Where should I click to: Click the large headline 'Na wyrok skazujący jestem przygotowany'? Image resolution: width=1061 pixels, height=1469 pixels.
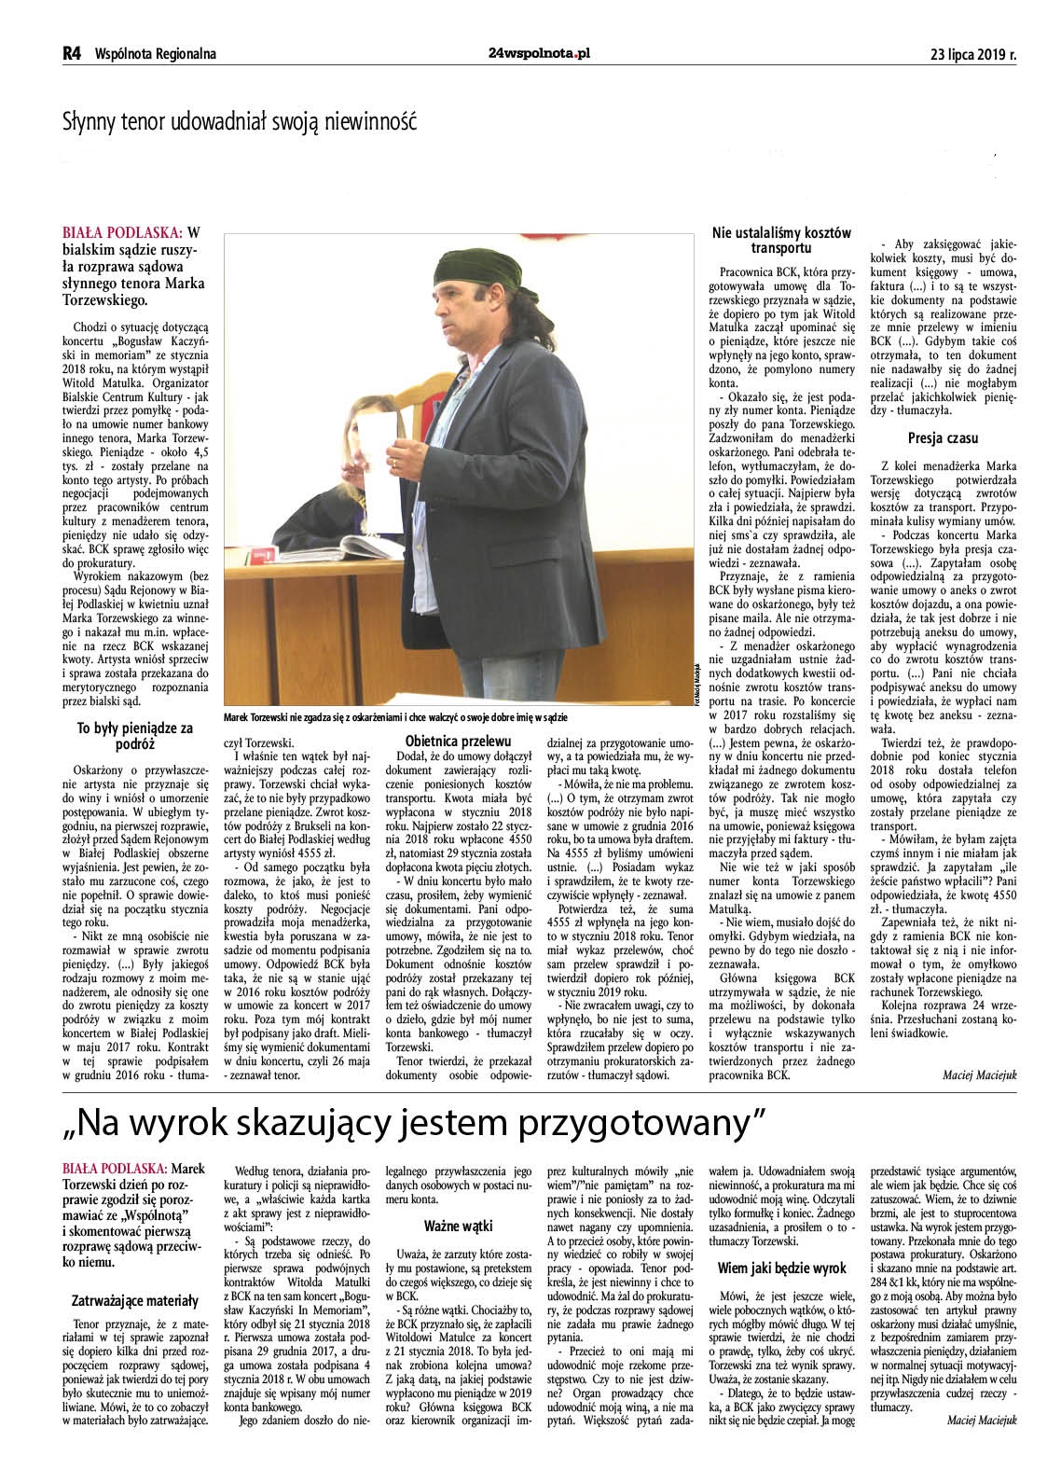point(414,1120)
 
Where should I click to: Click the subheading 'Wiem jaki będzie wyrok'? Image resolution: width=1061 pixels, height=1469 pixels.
point(782,1268)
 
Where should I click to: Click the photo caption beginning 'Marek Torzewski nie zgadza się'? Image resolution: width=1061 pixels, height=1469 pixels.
point(395,716)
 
